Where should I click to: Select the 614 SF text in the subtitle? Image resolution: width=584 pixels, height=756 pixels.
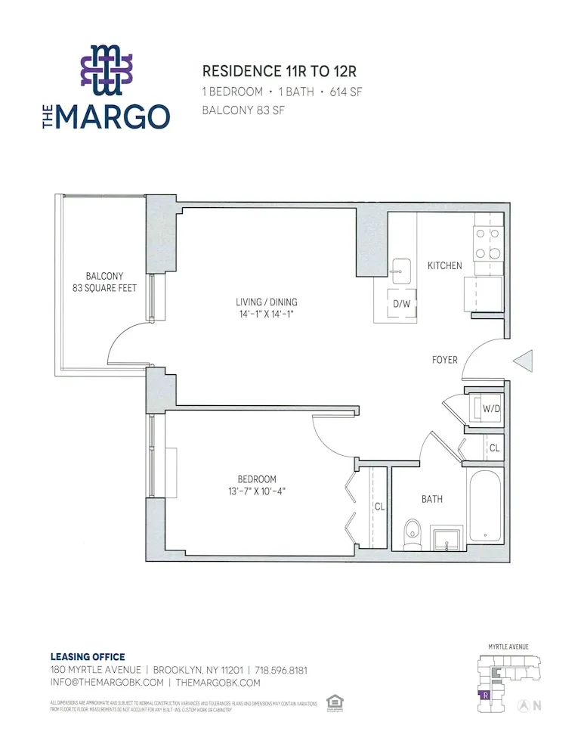click(345, 91)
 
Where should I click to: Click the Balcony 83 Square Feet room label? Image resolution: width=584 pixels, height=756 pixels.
click(104, 282)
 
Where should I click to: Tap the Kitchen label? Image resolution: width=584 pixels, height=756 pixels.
click(444, 265)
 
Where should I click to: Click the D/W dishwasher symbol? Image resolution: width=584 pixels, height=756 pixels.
click(400, 304)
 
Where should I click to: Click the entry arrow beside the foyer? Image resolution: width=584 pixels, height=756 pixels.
click(524, 361)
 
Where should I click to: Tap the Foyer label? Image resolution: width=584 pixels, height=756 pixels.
click(444, 360)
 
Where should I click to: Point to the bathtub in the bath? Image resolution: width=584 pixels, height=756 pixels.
click(485, 506)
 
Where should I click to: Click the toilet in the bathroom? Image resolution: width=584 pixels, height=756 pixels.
click(412, 534)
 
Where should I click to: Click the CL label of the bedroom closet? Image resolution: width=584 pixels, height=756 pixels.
click(379, 507)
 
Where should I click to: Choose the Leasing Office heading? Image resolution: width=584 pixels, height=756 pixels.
click(87, 657)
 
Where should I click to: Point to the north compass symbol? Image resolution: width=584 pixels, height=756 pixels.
click(523, 705)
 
